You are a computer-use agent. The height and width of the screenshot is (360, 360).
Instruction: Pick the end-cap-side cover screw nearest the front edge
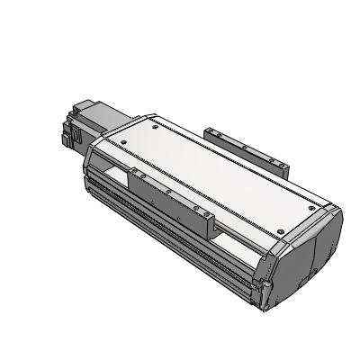point(283,231)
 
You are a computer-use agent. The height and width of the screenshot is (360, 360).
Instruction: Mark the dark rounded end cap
point(306,252)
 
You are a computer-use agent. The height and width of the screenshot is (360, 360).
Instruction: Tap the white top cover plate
point(207,171)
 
